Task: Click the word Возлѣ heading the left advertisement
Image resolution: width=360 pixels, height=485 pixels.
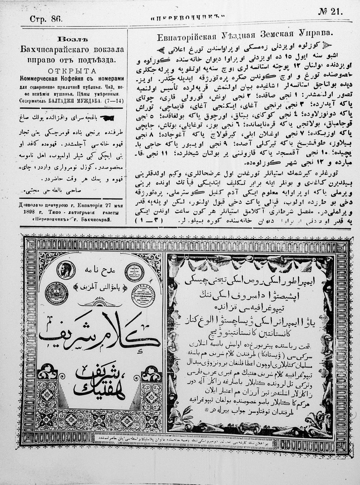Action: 73,39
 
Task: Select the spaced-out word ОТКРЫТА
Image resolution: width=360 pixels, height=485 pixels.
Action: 72,71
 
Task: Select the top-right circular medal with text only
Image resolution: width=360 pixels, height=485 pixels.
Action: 134,271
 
